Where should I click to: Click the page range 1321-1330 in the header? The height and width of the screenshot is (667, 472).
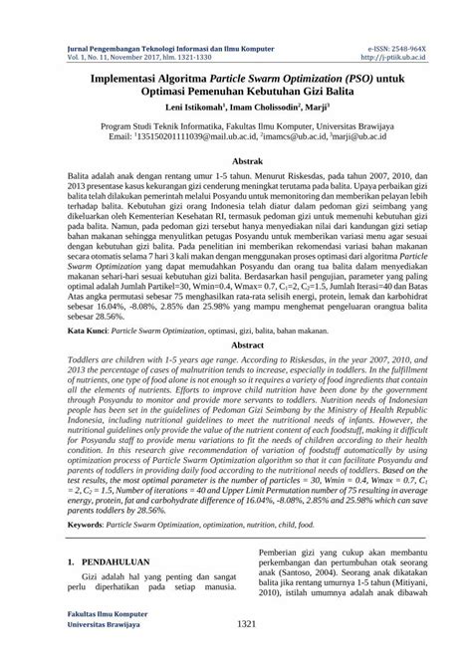[x=194, y=57]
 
